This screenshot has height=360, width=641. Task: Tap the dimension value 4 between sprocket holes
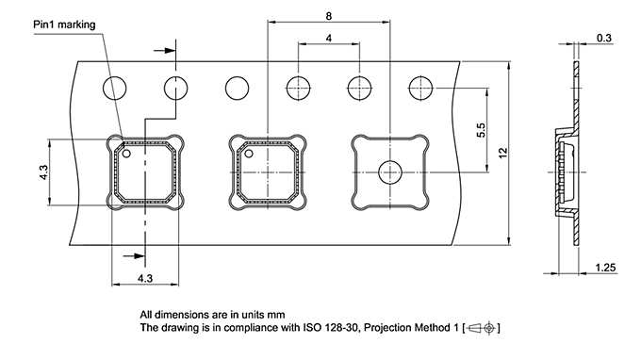[327, 38]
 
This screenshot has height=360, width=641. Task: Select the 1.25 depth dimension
[605, 269]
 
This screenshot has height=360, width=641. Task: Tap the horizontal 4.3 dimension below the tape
[145, 278]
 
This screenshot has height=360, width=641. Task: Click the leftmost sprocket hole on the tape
[115, 89]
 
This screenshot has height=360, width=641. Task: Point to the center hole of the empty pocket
[390, 172]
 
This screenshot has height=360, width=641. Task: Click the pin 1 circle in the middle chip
[250, 153]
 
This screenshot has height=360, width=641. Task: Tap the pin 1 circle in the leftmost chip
[125, 153]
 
